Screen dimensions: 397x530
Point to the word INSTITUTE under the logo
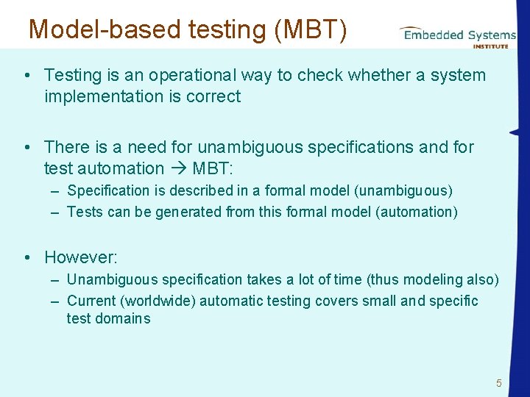coord(490,46)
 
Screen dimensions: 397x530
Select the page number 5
coord(498,383)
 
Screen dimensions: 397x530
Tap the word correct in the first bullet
coord(215,96)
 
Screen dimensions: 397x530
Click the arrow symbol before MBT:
coord(177,168)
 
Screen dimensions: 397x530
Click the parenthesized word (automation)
coord(416,212)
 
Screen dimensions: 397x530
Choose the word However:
coord(81,257)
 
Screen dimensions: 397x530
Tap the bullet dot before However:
coord(26,257)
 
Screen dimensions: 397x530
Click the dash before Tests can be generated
coord(56,212)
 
